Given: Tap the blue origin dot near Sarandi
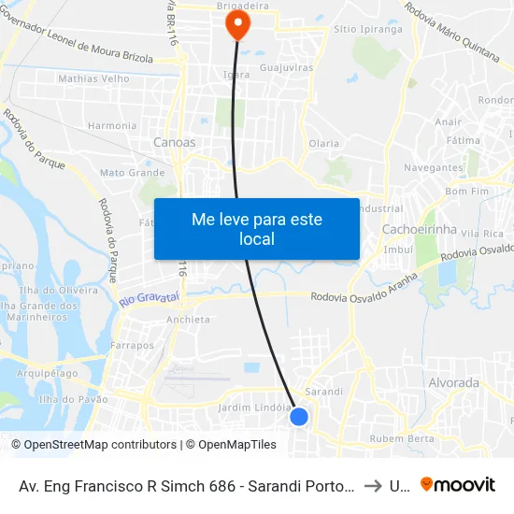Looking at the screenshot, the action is tap(299, 416).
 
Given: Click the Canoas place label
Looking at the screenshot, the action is tap(175, 143).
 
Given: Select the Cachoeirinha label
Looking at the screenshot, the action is tap(417, 229).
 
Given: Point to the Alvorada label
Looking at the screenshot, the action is tap(452, 382).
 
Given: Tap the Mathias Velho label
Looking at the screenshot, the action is tap(93, 79).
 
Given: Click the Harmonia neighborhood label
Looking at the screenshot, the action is tap(112, 125).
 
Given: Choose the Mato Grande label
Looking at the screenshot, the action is tap(132, 173).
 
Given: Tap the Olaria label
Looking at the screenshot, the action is tap(323, 144).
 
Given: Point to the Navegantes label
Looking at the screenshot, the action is tap(435, 168).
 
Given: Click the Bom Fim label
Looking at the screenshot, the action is tap(467, 191).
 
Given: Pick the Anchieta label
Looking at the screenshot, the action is tap(188, 320).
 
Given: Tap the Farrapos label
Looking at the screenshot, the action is tap(132, 345).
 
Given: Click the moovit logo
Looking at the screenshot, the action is tap(458, 485).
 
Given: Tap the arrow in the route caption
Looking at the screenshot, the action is tap(372, 486).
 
